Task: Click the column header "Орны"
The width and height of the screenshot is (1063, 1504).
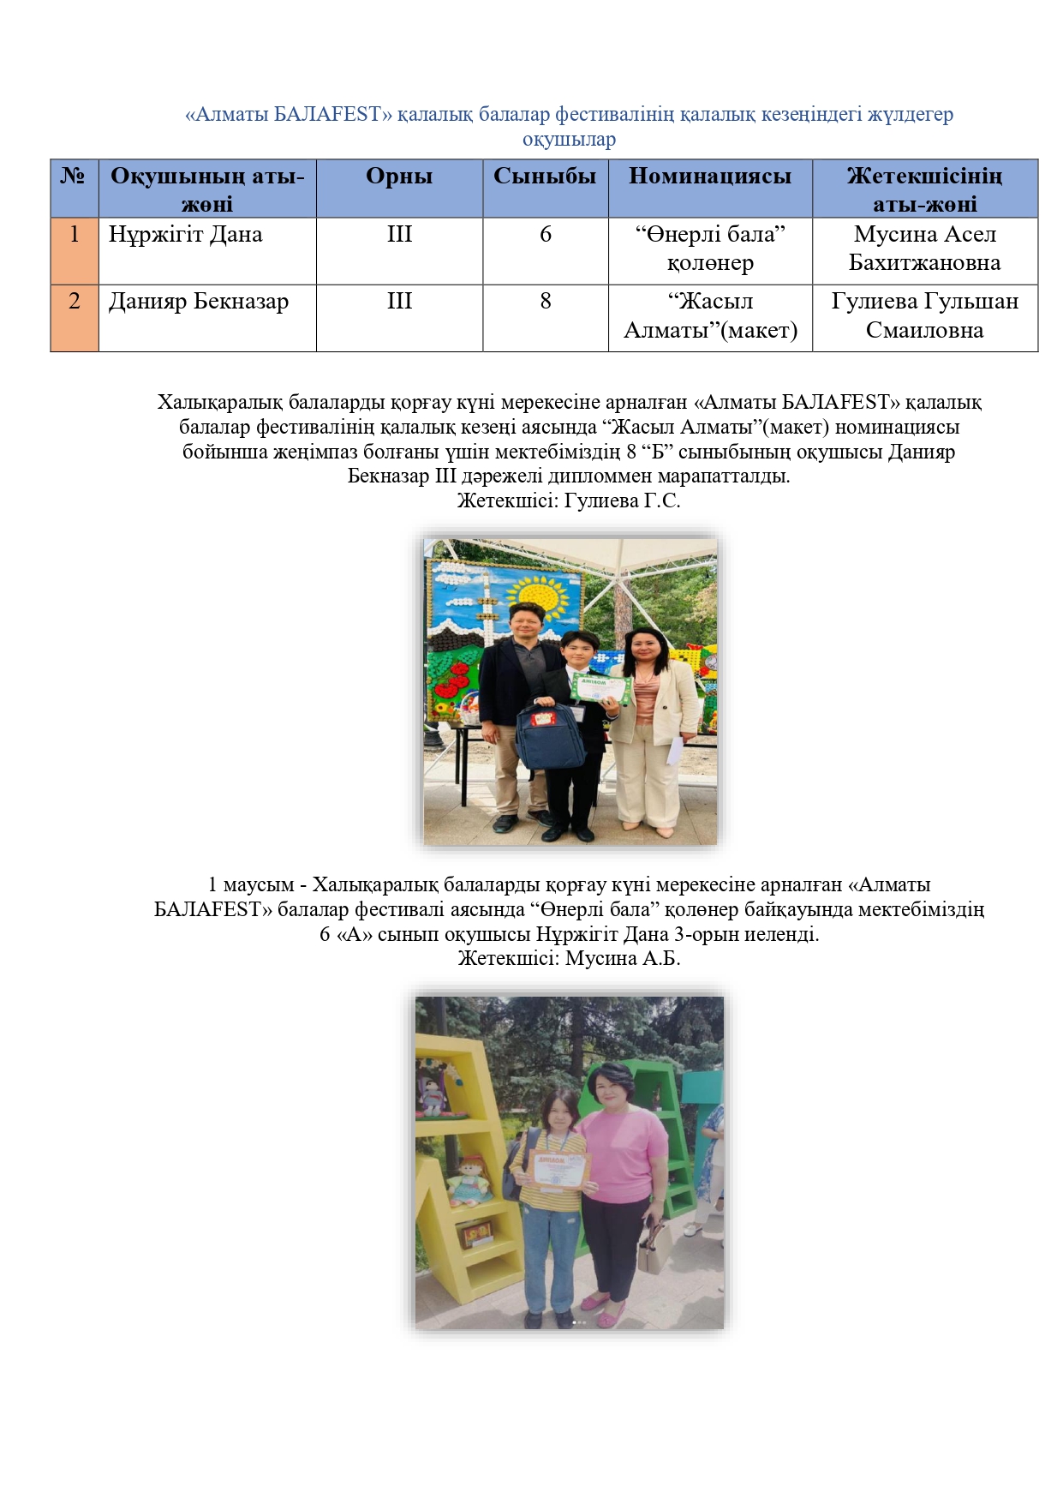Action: click(x=399, y=177)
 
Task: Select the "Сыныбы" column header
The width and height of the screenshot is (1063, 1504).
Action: click(x=545, y=177)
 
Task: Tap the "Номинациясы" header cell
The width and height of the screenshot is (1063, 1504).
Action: click(x=710, y=177)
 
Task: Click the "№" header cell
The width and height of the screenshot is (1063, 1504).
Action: click(x=74, y=177)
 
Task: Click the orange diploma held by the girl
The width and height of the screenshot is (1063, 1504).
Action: click(x=562, y=1169)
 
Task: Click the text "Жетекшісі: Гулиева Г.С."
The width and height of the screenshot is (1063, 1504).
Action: click(x=569, y=500)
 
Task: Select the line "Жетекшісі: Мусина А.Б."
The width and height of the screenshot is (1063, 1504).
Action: click(x=569, y=958)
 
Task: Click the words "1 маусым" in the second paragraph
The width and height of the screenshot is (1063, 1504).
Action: click(x=251, y=884)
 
